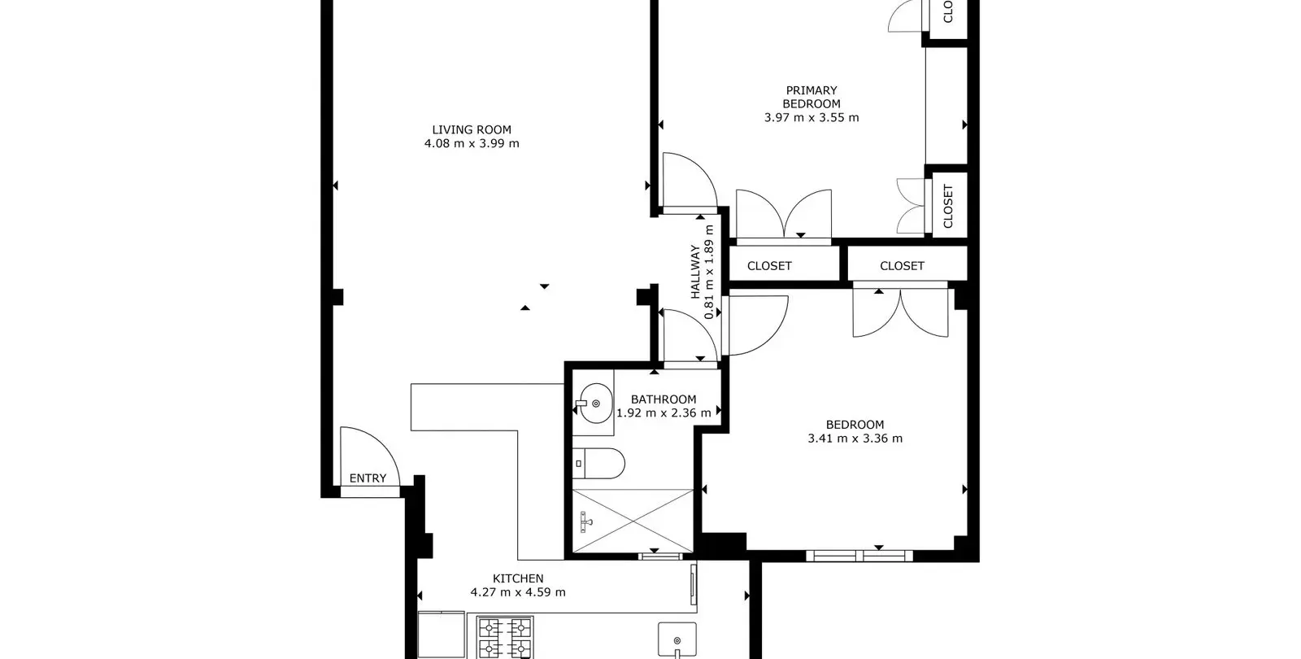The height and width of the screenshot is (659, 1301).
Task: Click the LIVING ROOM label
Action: (472, 129)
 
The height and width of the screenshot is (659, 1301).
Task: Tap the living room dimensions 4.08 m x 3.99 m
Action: (472, 143)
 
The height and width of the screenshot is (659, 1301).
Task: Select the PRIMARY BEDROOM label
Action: (811, 97)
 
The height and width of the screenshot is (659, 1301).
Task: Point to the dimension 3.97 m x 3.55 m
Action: (811, 117)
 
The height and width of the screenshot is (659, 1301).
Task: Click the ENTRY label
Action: (368, 478)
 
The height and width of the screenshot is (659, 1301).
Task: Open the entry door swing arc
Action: (383, 444)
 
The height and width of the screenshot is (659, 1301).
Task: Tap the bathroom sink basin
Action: (594, 403)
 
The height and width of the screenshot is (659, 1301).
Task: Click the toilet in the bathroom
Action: (598, 463)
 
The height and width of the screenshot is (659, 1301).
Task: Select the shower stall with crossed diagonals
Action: (633, 521)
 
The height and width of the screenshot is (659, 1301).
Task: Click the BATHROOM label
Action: (664, 399)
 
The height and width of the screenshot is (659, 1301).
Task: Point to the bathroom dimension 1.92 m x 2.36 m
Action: (664, 413)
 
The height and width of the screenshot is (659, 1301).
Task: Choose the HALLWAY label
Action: (695, 272)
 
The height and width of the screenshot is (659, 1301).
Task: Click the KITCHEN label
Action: (518, 578)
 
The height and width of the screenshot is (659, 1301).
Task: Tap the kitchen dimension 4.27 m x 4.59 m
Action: (518, 592)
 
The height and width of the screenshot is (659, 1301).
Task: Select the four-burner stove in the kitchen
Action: (505, 637)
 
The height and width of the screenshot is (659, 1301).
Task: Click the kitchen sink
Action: (677, 639)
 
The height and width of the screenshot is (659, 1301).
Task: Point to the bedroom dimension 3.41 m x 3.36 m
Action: (855, 439)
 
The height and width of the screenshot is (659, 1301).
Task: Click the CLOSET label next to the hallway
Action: (769, 265)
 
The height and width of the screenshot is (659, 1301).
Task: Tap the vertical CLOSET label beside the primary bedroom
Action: (948, 207)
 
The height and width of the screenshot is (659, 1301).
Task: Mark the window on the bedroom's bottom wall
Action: (859, 556)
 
